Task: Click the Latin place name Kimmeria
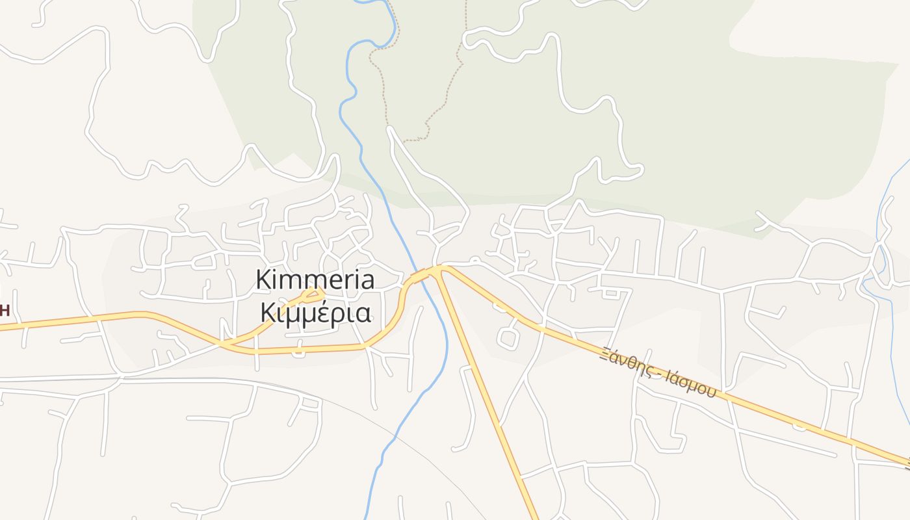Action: point(315,280)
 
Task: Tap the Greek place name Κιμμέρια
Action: point(316,313)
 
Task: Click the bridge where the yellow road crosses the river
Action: point(420,276)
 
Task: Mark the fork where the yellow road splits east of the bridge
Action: point(441,268)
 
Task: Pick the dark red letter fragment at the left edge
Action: point(4,309)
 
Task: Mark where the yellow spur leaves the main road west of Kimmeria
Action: point(227,342)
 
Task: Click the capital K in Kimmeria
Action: point(263,280)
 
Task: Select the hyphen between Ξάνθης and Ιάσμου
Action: point(656,372)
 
